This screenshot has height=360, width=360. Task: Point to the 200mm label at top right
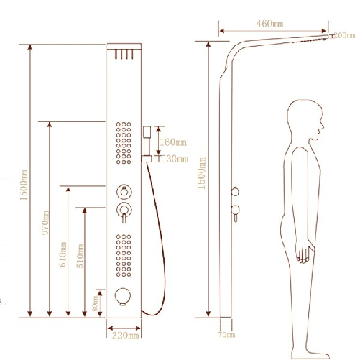(343, 35)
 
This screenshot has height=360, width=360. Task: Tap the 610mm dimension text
(64, 253)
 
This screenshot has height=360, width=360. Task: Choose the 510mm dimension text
(80, 253)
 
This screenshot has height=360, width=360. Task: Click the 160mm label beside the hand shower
(172, 142)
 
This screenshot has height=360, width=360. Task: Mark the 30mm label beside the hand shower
(176, 159)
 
